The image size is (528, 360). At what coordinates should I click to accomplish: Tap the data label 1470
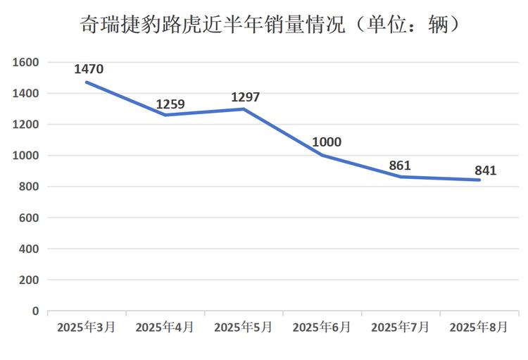(x=89, y=69)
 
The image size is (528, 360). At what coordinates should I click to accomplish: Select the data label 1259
(x=170, y=104)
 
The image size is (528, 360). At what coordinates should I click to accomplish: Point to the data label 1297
(x=246, y=97)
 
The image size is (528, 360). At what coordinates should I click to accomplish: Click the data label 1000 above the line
(x=327, y=142)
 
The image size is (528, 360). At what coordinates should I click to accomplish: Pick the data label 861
(x=400, y=166)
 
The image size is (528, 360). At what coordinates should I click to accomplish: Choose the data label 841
(x=485, y=170)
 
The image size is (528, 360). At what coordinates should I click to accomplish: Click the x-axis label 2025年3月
(x=87, y=327)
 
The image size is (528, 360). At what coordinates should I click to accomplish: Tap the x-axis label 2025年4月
(x=165, y=327)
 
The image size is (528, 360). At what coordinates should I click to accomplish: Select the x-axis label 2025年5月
(x=244, y=327)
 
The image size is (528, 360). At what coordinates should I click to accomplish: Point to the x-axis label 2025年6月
(x=322, y=327)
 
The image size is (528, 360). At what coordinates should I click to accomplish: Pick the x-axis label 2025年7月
(x=400, y=327)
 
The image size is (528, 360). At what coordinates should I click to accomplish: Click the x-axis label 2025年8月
(x=479, y=327)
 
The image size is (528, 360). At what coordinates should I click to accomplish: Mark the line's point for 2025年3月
(x=87, y=82)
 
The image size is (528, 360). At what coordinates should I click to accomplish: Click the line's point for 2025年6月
(x=322, y=155)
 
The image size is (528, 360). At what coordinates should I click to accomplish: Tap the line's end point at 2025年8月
(x=479, y=180)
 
